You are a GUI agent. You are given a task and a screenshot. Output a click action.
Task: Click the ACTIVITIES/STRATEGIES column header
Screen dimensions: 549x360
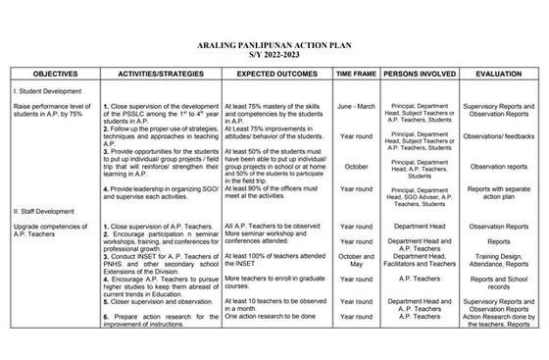(x=160, y=74)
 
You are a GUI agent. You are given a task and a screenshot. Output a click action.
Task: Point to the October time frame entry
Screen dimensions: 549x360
(x=356, y=167)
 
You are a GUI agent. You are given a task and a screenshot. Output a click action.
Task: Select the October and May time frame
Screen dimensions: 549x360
(x=356, y=261)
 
